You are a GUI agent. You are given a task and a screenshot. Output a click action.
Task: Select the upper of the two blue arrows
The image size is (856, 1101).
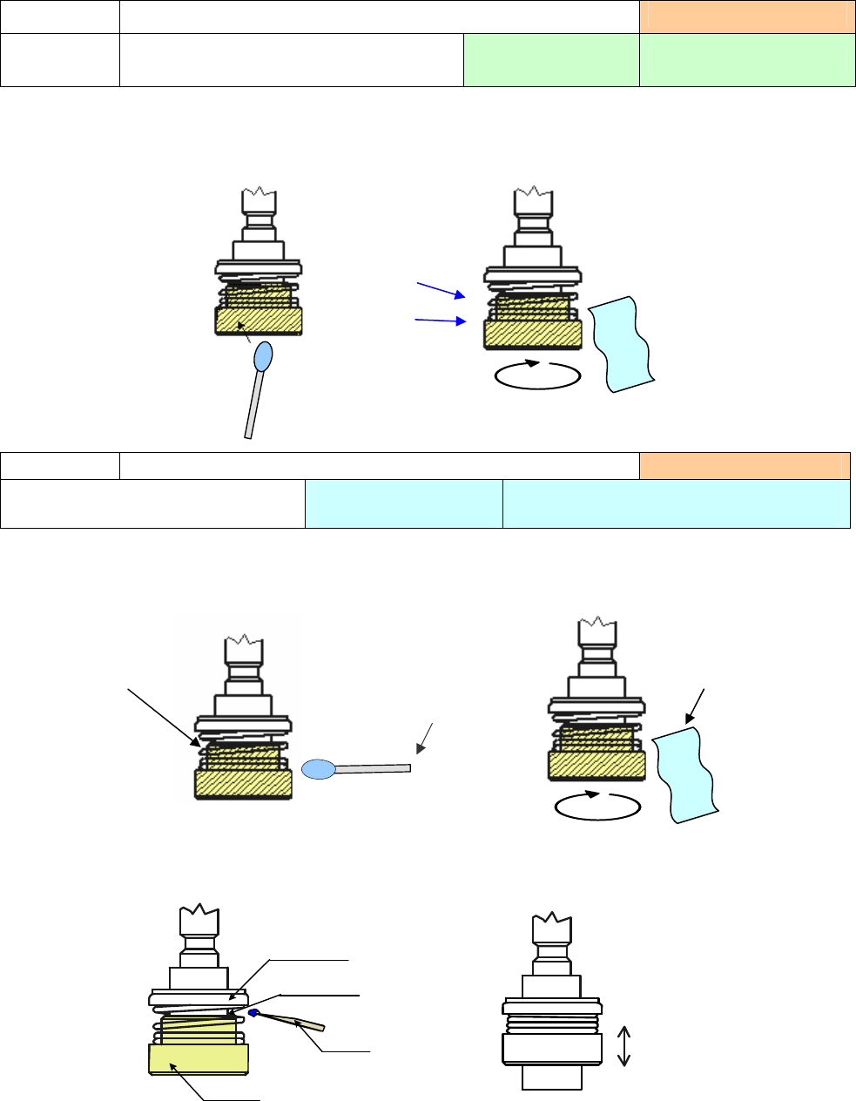pyautogui.click(x=443, y=289)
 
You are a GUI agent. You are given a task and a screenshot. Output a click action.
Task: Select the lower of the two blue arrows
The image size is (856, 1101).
pyautogui.click(x=440, y=321)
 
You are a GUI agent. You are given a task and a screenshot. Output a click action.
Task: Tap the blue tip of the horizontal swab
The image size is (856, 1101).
pyautogui.click(x=318, y=769)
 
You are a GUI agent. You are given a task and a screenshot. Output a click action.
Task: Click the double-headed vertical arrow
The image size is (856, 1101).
pyautogui.click(x=623, y=1046)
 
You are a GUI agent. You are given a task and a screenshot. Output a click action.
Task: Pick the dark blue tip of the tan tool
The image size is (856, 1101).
pyautogui.click(x=254, y=1013)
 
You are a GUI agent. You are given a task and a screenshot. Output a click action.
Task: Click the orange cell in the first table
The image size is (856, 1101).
pyautogui.click(x=747, y=17)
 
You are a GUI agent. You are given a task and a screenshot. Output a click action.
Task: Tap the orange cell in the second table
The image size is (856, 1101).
pyautogui.click(x=745, y=465)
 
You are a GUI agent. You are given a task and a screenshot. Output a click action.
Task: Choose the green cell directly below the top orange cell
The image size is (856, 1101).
pyautogui.click(x=747, y=59)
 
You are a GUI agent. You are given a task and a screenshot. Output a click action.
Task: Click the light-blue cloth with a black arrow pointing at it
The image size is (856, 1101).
pyautogui.click(x=686, y=774)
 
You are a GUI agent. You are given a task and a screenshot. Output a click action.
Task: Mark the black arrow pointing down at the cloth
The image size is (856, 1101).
pyautogui.click(x=694, y=706)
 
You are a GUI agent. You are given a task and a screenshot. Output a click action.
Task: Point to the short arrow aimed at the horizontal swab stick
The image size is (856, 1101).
pyautogui.click(x=425, y=738)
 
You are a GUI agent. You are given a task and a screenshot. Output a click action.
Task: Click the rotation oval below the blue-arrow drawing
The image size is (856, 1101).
pyautogui.click(x=537, y=375)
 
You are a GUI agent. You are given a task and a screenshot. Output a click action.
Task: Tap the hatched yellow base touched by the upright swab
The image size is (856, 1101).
pyautogui.click(x=259, y=321)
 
